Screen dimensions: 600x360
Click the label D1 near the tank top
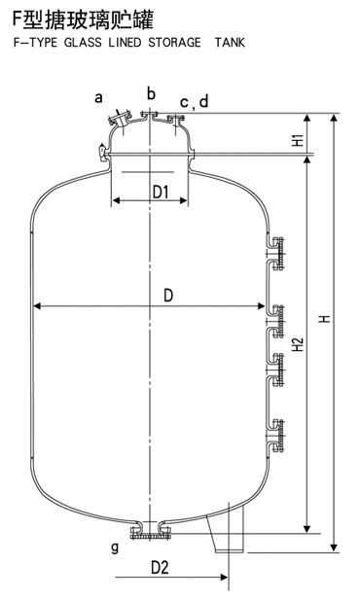[x=162, y=193]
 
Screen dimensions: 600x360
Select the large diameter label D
[x=168, y=296]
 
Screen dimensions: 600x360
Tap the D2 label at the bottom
[x=160, y=567]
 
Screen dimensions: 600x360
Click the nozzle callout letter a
[x=99, y=96]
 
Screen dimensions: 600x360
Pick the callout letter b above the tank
[x=151, y=92]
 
